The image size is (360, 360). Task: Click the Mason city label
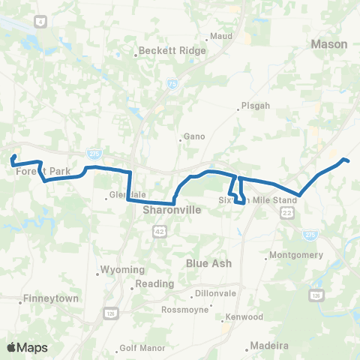329,44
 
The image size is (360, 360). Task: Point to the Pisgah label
252,106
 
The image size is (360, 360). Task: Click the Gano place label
193,137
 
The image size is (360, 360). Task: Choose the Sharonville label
172,211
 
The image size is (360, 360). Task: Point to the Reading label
154,284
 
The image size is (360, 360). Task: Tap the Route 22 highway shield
288,214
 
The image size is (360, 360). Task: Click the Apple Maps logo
27,347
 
